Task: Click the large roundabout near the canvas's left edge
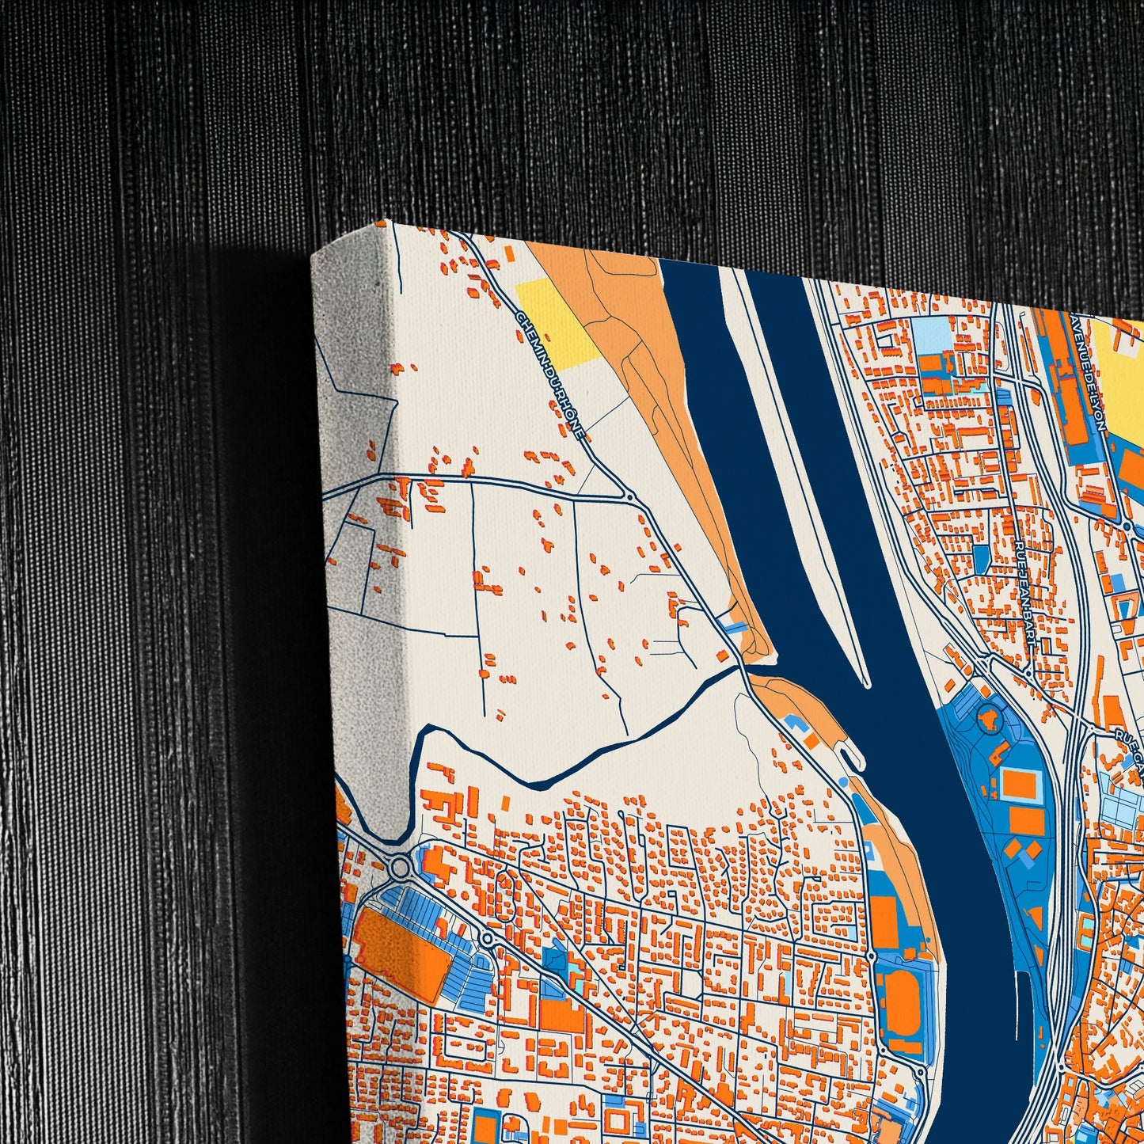(x=401, y=867)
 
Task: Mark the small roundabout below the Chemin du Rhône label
(x=629, y=497)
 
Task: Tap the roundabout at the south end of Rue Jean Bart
(x=1027, y=673)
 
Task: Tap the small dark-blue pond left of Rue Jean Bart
(x=981, y=559)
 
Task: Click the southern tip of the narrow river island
(x=867, y=682)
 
